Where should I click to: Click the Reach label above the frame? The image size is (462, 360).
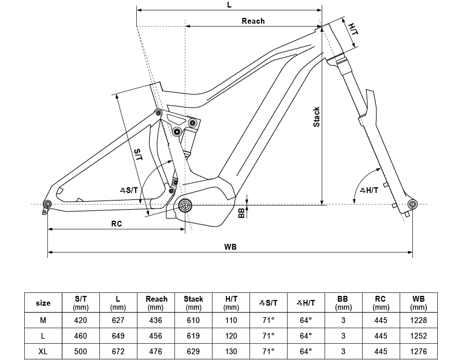[x=253, y=21]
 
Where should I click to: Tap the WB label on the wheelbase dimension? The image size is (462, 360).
[x=230, y=247]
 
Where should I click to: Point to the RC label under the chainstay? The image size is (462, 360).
[x=117, y=224]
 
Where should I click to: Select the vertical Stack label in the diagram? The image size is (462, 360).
[x=316, y=117]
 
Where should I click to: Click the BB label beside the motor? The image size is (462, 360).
[x=241, y=213]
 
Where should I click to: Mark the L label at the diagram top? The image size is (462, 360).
[x=229, y=5]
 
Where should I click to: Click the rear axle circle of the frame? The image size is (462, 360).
[x=47, y=204]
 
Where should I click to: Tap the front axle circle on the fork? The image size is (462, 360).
[x=412, y=204]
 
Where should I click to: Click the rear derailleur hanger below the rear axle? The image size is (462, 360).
[x=45, y=211]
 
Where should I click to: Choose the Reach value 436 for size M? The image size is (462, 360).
[x=155, y=320]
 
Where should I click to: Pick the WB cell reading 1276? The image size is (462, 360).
[x=418, y=351]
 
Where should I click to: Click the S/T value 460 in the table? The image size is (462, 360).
[x=80, y=336]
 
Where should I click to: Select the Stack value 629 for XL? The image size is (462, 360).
[x=193, y=351]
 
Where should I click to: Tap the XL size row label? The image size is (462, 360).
[x=43, y=351]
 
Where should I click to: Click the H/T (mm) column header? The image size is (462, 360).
[x=231, y=303]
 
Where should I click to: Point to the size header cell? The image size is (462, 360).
[x=43, y=303]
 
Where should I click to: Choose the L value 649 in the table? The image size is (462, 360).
[x=118, y=336]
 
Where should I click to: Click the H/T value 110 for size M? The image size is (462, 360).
[x=231, y=320]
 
